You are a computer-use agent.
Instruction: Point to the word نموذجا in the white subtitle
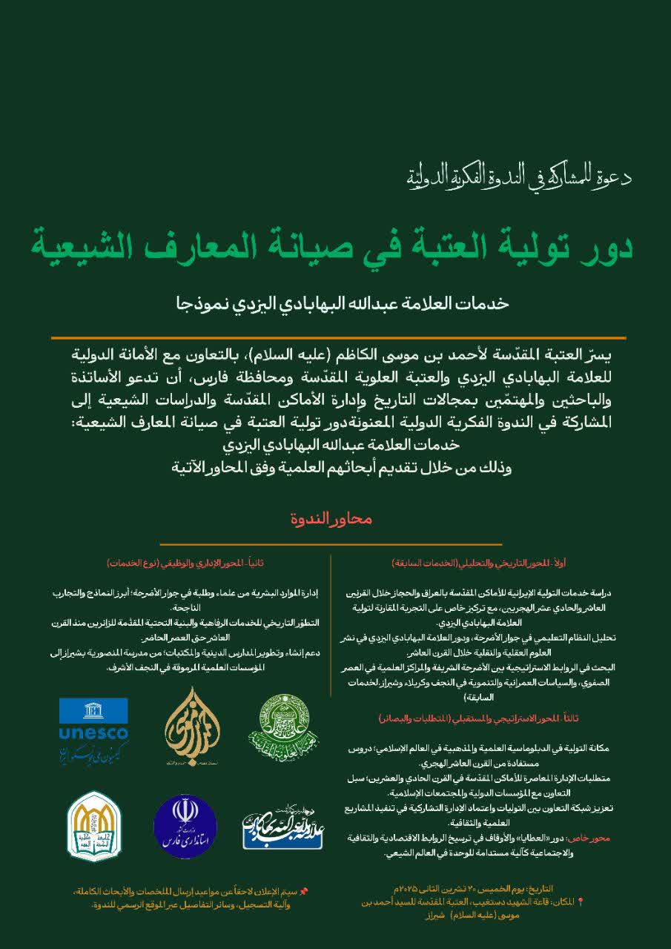coord(195,303)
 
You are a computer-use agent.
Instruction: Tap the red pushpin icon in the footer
coord(303,890)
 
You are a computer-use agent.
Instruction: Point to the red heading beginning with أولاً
coord(479,563)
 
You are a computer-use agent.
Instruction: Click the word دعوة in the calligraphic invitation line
coord(611,178)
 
